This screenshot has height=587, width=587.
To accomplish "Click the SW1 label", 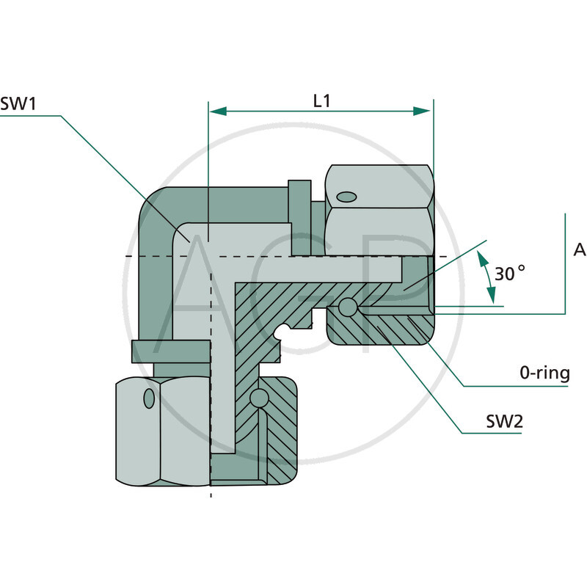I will tap(18, 103).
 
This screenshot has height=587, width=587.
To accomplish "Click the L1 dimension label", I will tap(321, 101).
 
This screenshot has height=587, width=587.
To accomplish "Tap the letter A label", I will tap(580, 250).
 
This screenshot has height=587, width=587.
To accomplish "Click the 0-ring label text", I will tap(544, 373).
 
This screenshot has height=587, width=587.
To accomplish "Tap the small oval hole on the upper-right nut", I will tap(346, 196).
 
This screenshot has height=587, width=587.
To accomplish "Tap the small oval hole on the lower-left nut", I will tap(150, 398).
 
